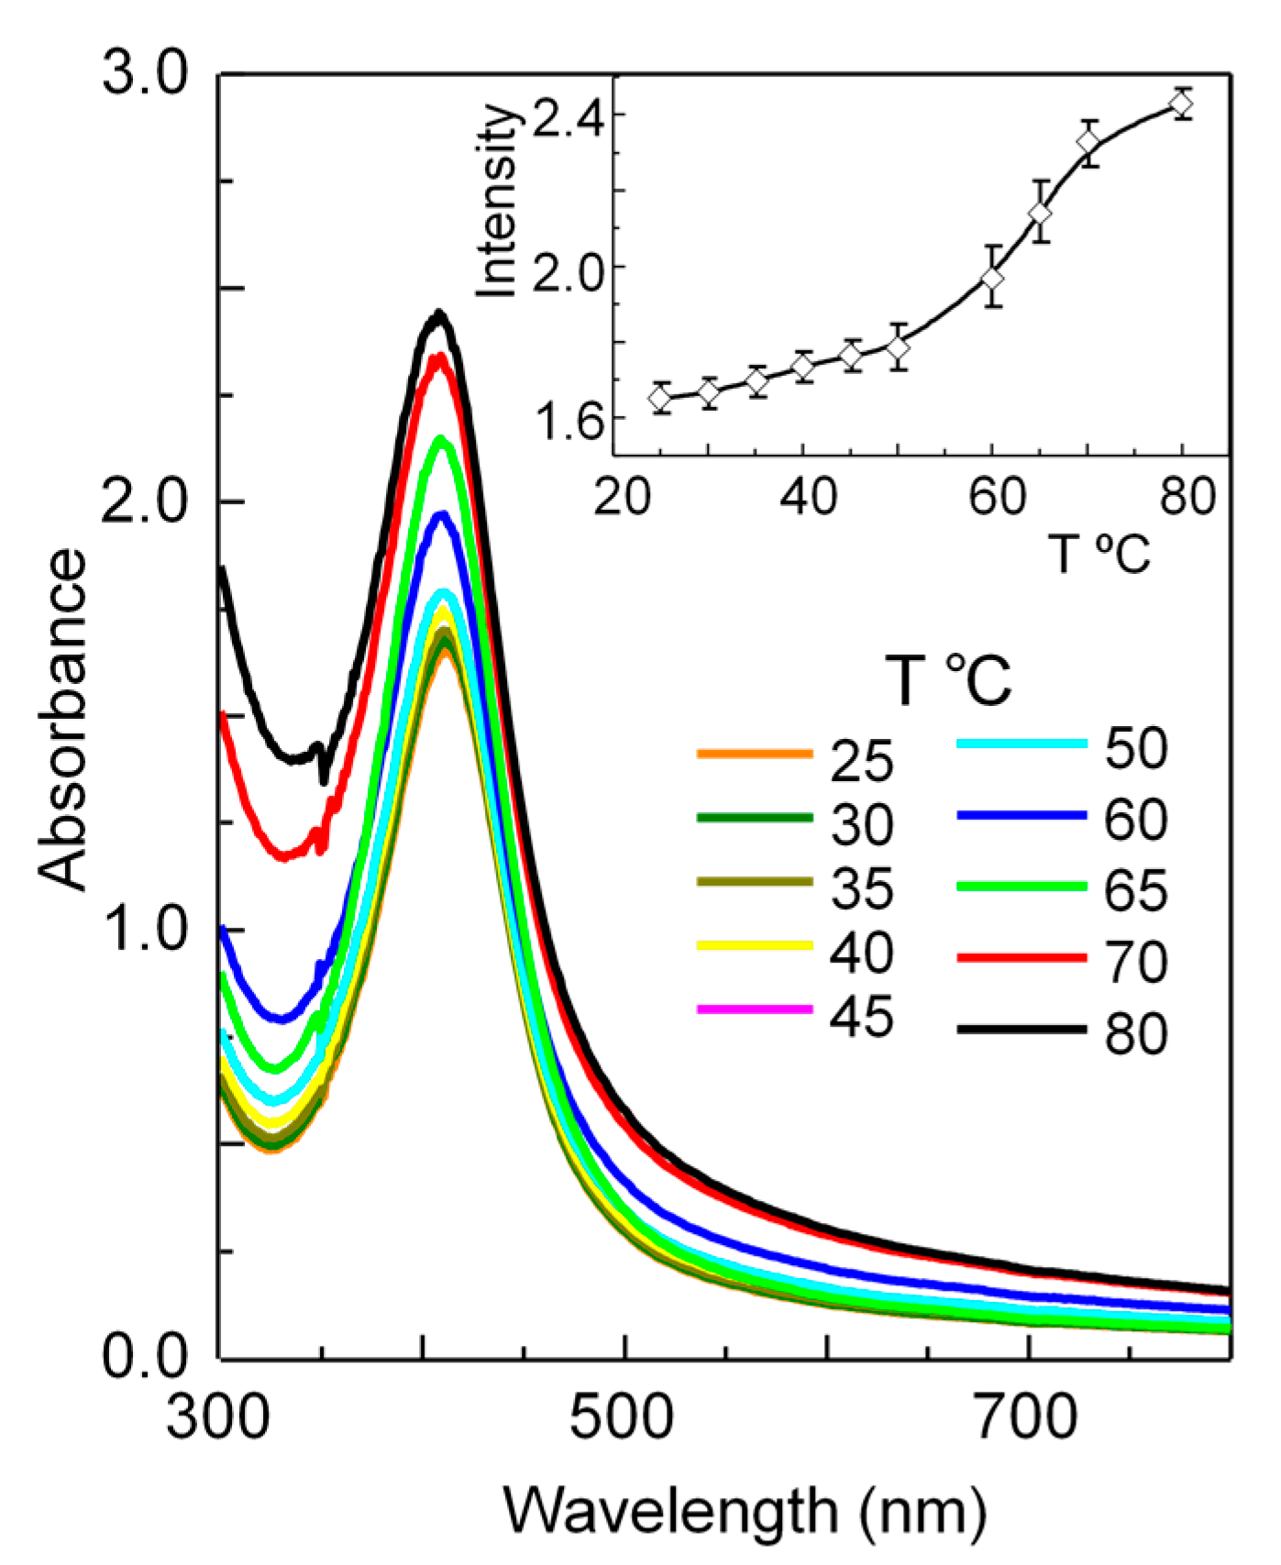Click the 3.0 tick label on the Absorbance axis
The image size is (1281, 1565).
coord(144,73)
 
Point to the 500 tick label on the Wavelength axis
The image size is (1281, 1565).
coord(622,1417)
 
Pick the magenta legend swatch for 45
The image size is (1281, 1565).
coord(755,1008)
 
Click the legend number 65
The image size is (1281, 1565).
coord(1135,890)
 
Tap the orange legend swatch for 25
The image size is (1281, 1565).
coord(755,754)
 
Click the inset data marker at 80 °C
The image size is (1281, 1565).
coord(1182,105)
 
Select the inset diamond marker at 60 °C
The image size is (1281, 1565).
coord(992,277)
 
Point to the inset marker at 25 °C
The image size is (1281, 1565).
coord(660,398)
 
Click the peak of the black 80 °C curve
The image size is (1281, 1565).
coord(439,314)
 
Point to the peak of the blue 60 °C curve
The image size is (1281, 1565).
coord(443,514)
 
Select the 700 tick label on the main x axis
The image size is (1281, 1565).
coord(1025,1417)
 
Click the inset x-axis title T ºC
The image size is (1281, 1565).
coord(1099,554)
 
